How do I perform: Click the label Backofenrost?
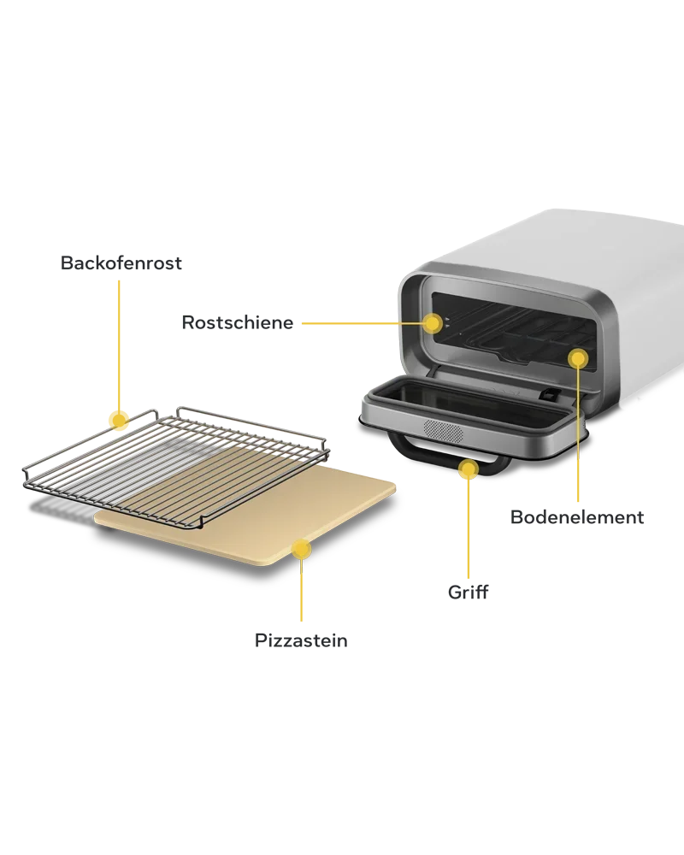coord(121,262)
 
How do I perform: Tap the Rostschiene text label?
coord(238,322)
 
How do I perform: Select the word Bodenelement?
coord(577,517)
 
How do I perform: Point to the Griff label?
coord(468,592)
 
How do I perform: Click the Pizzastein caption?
coord(301,640)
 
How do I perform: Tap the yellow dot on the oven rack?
coord(118,421)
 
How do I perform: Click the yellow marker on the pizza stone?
coord(301,549)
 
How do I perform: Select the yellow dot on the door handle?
coord(468,469)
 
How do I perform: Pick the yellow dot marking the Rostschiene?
coord(433,323)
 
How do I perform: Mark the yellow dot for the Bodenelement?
coord(578,359)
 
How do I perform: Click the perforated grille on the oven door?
coord(444,432)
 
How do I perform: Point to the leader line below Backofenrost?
coord(118,345)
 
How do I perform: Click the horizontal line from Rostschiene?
coord(363,323)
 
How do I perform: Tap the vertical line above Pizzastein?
coord(301,590)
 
